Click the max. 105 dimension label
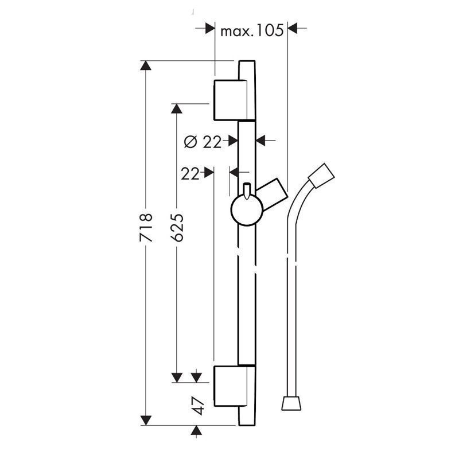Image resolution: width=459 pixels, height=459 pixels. point(252,31)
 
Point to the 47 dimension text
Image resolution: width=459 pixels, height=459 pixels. point(199,405)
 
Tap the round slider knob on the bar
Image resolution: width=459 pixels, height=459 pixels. point(247,212)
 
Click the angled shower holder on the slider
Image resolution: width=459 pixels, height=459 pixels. point(272,193)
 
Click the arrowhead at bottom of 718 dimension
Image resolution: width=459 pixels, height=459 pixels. point(146,420)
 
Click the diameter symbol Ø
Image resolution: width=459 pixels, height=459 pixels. point(190,142)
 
